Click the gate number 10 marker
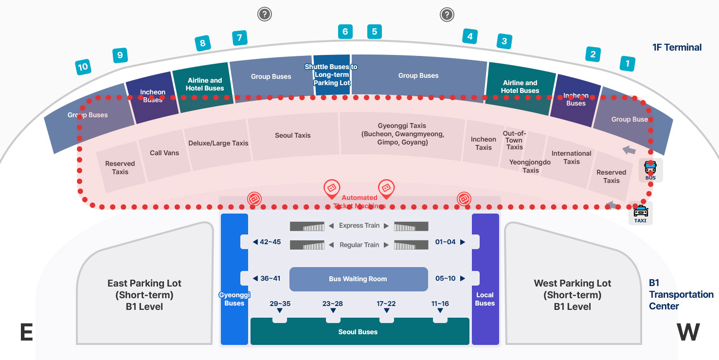click(x=83, y=67)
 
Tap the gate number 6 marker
click(x=345, y=32)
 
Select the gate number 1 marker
click(x=628, y=63)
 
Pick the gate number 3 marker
click(x=504, y=41)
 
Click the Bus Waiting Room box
click(x=358, y=279)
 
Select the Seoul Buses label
click(x=358, y=332)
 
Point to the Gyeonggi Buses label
click(x=234, y=299)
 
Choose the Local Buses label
click(x=485, y=299)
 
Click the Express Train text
click(x=359, y=226)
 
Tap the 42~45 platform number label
click(x=270, y=242)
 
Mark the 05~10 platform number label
click(x=446, y=279)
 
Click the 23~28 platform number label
click(x=333, y=304)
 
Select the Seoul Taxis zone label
click(x=293, y=135)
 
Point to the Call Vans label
click(x=164, y=153)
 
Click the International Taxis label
click(x=572, y=157)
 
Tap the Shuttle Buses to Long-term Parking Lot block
click(x=331, y=74)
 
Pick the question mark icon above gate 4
click(x=447, y=15)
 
